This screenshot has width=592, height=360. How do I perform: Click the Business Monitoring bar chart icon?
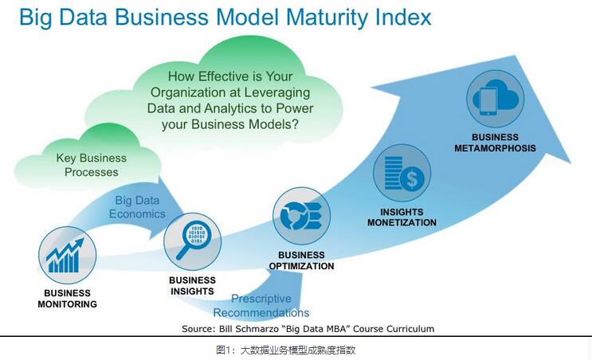tap(67, 256)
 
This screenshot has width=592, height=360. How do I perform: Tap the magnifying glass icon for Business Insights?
tap(193, 242)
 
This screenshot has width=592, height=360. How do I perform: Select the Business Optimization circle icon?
tap(301, 216)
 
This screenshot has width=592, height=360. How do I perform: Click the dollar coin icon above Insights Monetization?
tap(402, 173)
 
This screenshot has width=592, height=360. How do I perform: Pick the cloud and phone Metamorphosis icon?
tap(495, 99)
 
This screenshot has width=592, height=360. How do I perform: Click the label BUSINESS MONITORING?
tap(67, 299)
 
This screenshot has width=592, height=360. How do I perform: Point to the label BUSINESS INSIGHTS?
tap(192, 286)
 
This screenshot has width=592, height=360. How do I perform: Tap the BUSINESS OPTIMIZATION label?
tap(301, 260)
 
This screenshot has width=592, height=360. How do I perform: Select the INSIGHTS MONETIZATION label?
tap(402, 217)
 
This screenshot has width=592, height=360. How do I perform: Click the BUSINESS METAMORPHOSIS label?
tap(495, 143)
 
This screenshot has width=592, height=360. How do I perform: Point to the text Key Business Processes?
tap(92, 165)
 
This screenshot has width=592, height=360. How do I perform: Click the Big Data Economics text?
tap(137, 207)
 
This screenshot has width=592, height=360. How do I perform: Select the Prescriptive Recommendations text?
tap(261, 306)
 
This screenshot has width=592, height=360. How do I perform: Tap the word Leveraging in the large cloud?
tap(277, 92)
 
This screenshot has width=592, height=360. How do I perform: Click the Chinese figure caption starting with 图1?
tap(286, 350)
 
